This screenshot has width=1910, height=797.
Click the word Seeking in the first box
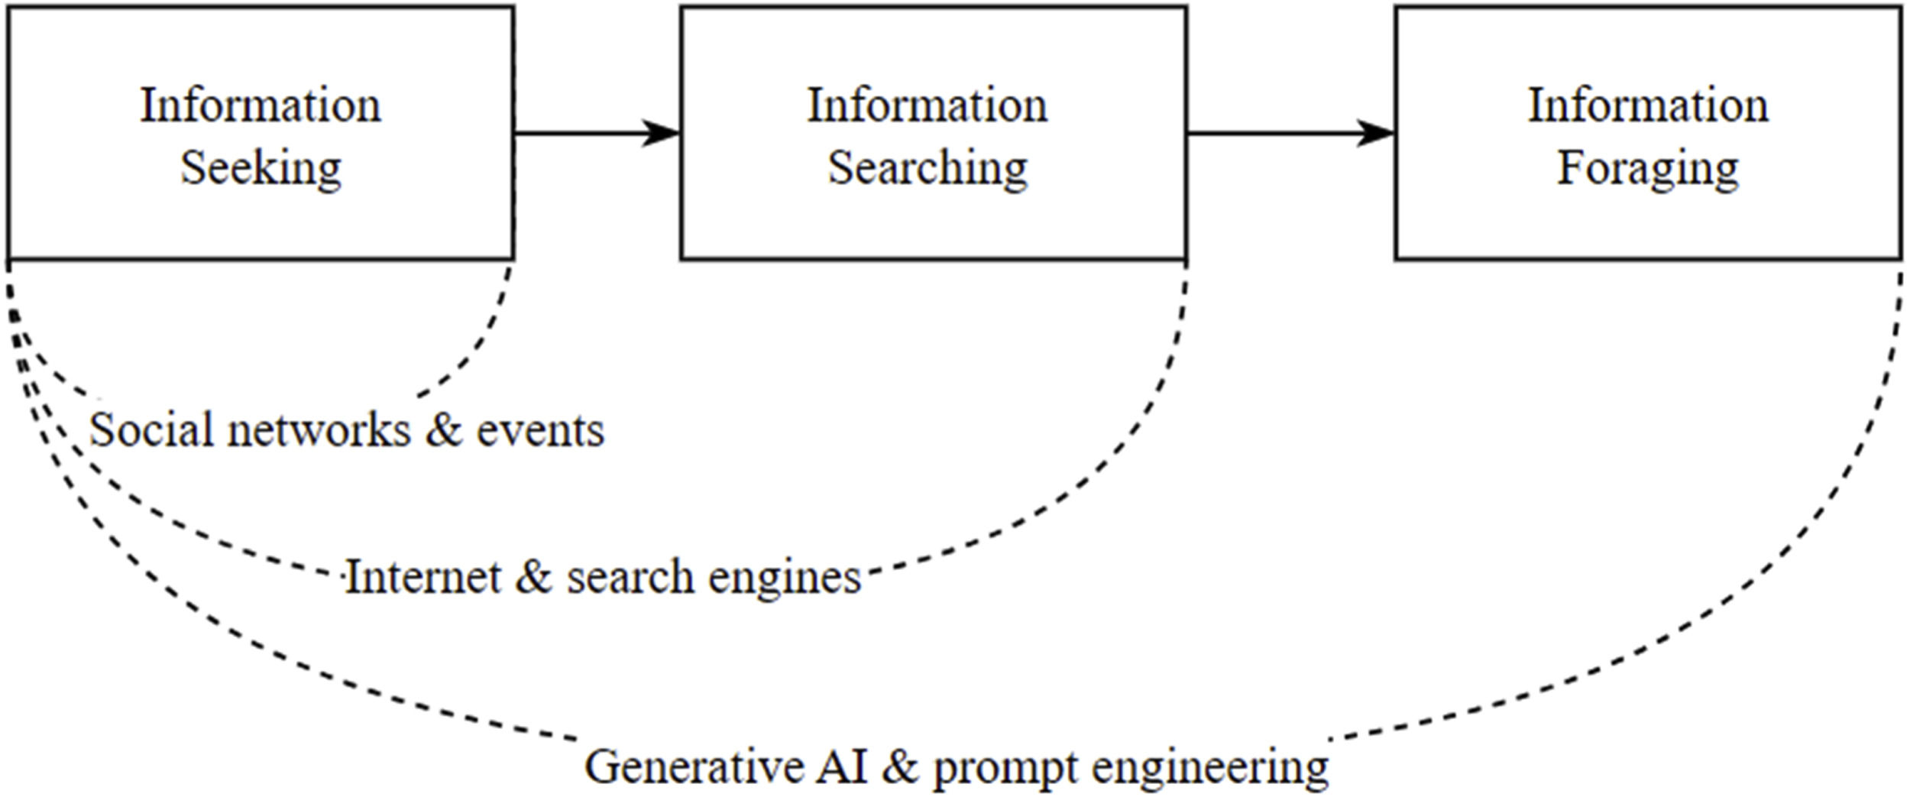pos(261,168)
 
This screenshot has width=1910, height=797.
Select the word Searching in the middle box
pos(927,168)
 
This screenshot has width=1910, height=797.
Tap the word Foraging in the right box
pos(1648,168)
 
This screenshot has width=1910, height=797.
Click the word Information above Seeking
pos(261,105)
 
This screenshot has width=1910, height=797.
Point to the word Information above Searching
pos(927,105)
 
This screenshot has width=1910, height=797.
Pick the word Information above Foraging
pos(1648,105)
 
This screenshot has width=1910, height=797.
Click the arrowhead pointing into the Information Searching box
pos(662,133)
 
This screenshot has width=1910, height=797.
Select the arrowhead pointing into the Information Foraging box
pos(1377,133)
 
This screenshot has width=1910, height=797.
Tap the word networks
pos(319,430)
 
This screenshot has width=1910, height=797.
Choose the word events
pos(541,430)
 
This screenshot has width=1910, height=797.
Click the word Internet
pos(423,577)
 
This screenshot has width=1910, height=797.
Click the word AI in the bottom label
pos(842,766)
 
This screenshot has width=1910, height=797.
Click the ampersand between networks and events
pos(444,430)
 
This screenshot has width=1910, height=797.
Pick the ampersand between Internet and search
pos(533,577)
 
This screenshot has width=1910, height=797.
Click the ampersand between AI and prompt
pos(901,766)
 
